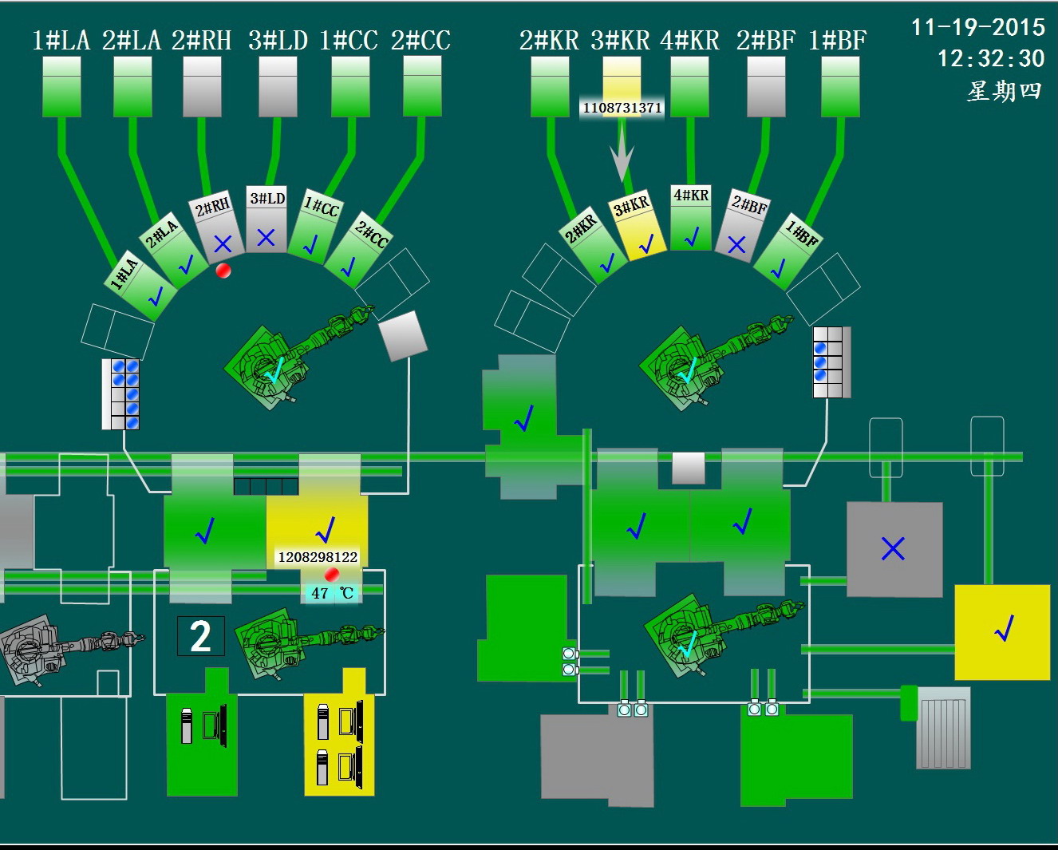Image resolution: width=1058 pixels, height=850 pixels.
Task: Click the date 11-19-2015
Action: click(977, 28)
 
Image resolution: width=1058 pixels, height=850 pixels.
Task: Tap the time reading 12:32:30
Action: click(990, 58)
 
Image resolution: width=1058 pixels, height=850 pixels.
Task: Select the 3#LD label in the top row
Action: click(278, 40)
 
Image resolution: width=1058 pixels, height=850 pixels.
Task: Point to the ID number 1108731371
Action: click(622, 108)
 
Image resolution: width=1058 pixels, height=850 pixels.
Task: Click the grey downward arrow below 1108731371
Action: click(622, 156)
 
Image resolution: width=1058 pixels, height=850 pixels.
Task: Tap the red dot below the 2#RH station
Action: click(223, 271)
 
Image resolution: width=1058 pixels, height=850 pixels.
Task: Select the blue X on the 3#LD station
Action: click(266, 237)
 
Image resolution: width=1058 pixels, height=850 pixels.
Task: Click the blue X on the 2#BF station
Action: click(736, 245)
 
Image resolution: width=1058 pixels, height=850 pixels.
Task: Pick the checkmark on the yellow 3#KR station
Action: click(646, 243)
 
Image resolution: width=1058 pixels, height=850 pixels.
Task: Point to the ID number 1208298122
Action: click(318, 557)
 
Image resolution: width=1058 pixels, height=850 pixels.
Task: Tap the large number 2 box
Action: click(200, 636)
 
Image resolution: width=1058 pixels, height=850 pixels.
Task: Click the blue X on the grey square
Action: click(893, 548)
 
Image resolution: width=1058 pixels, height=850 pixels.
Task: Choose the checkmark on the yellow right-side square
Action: click(1003, 630)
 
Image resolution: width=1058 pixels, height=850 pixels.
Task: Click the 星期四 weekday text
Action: click(1004, 91)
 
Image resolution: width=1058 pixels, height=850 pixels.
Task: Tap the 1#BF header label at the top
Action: click(837, 40)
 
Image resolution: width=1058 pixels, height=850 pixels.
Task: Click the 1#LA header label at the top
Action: click(61, 40)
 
